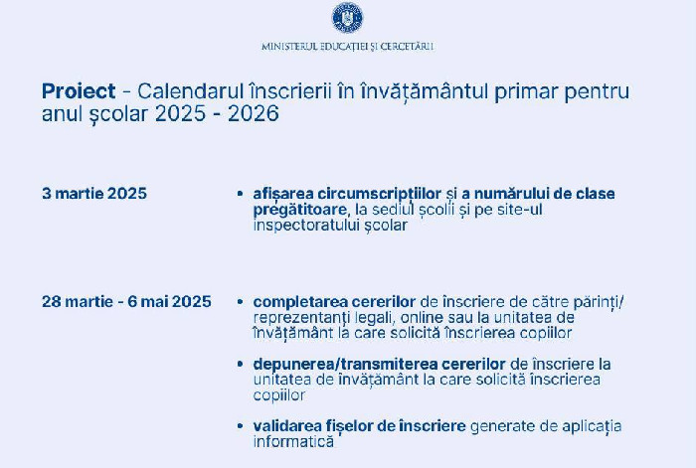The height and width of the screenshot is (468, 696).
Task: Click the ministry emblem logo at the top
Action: click(x=347, y=18)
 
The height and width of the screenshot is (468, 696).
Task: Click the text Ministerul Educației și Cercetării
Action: click(x=347, y=47)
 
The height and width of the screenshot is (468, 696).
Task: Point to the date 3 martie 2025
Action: click(x=94, y=193)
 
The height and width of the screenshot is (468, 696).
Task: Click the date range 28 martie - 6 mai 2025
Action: click(x=126, y=302)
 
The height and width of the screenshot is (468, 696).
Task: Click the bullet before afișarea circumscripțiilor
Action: click(x=241, y=194)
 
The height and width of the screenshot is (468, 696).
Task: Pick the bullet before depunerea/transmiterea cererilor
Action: click(x=241, y=365)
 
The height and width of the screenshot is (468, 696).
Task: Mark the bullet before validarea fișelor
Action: click(x=241, y=426)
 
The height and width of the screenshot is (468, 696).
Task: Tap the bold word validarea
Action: click(x=288, y=426)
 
